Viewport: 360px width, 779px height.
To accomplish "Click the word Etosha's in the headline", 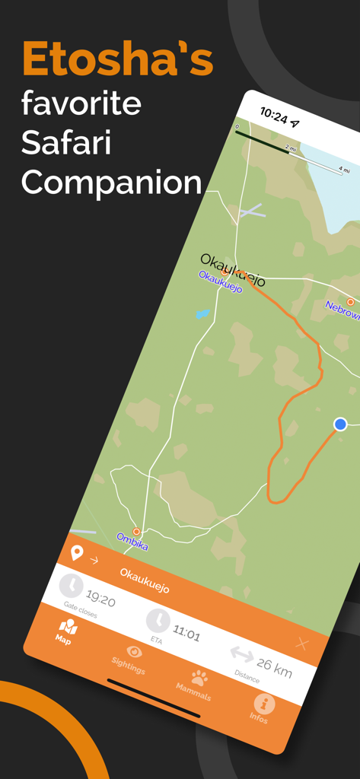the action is tap(118, 59).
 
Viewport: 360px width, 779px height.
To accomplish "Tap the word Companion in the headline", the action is tap(111, 182).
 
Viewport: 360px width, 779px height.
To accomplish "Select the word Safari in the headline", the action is tap(67, 142).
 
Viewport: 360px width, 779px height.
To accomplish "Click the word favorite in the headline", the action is tap(81, 103).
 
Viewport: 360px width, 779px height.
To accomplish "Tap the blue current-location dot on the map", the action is tap(340, 424).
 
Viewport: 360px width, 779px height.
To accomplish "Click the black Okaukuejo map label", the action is tap(234, 269).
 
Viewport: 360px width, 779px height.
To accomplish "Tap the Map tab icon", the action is tap(68, 628).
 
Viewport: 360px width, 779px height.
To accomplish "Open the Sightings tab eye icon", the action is tap(134, 651).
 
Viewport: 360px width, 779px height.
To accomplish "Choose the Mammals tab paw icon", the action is tap(199, 676).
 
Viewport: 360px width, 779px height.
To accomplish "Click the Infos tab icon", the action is tap(263, 704).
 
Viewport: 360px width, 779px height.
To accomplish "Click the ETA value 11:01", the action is tap(186, 633).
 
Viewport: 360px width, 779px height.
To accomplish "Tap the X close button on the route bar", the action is tap(302, 644).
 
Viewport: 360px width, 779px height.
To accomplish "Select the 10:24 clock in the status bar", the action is tap(273, 116).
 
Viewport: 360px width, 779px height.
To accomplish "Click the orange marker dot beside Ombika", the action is tap(137, 531).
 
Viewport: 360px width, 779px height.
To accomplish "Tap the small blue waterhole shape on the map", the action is tap(202, 313).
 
